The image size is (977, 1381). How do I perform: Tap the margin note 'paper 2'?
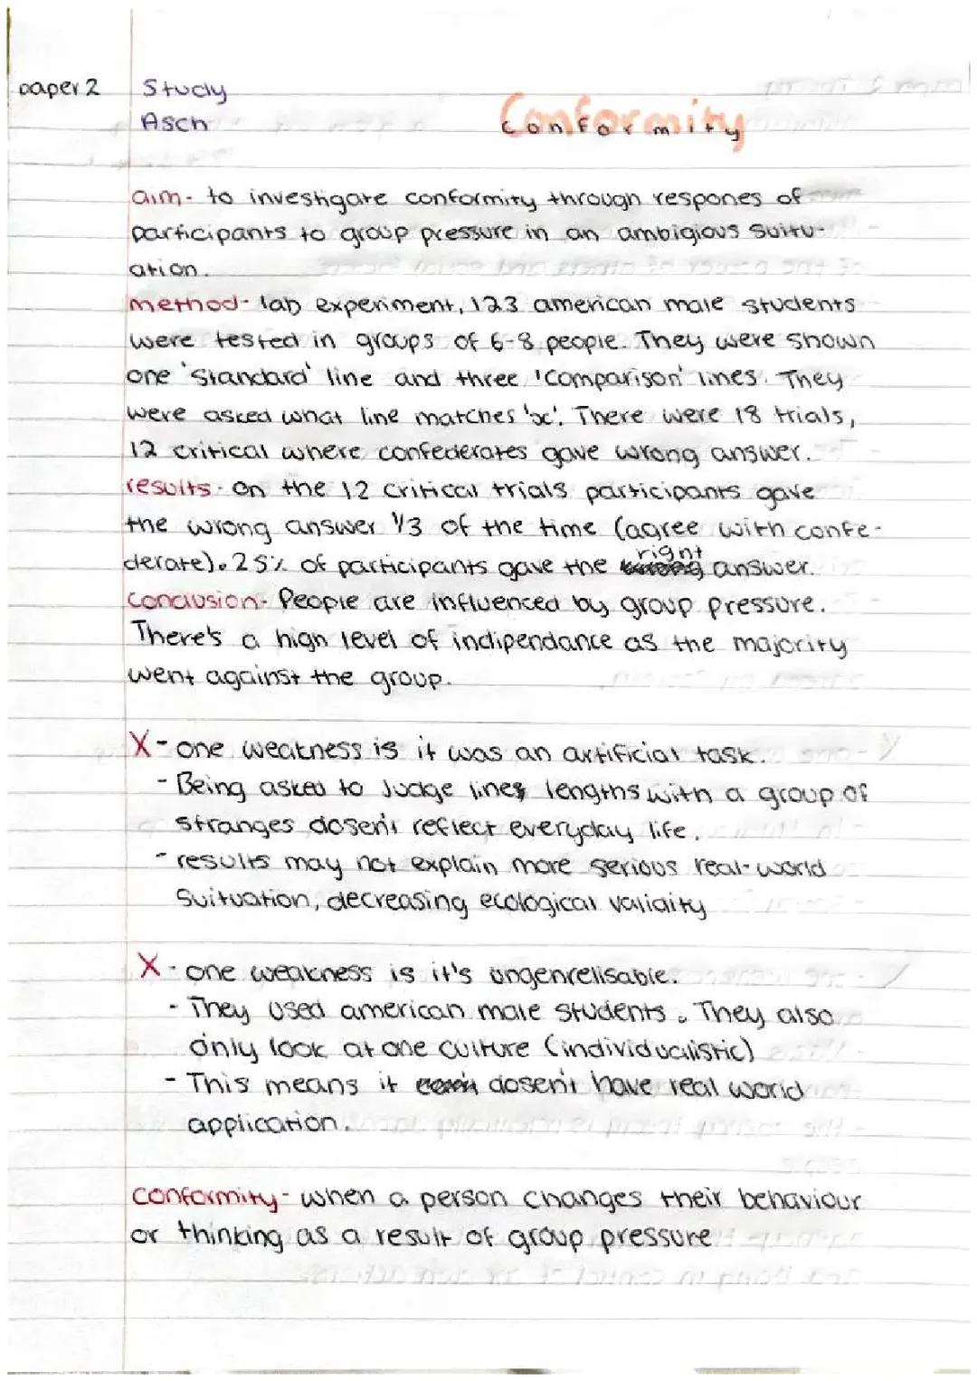[x=59, y=90]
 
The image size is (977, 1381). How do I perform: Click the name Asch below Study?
[x=174, y=122]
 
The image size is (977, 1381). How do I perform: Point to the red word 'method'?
[x=184, y=304]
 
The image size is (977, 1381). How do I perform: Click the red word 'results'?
[x=167, y=488]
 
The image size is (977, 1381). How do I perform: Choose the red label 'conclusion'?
[x=193, y=601]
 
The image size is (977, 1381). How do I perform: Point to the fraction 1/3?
[x=408, y=525]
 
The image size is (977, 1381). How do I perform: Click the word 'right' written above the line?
[x=669, y=551]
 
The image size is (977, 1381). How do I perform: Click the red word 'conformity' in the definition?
[x=204, y=1197]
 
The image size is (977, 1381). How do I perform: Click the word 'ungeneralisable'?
[x=581, y=975]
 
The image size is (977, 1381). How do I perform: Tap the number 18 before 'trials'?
[x=748, y=415]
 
